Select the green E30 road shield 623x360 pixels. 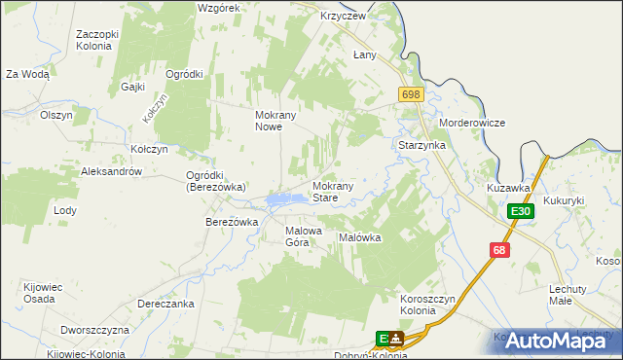click(520, 211)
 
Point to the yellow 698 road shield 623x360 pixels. click(410, 93)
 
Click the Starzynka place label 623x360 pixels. click(421, 145)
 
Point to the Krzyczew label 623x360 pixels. click(343, 17)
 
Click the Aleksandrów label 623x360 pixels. click(112, 171)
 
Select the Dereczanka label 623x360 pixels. click(165, 304)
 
